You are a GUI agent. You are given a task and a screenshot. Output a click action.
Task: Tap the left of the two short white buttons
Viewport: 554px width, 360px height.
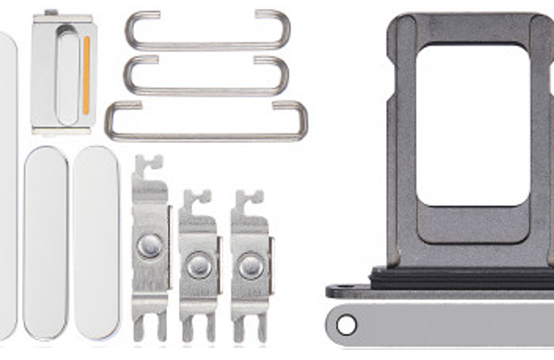point(45,242)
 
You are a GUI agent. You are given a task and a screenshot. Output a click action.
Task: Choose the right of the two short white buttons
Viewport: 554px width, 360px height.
point(97,242)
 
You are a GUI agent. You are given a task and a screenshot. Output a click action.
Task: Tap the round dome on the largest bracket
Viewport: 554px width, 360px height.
point(149,246)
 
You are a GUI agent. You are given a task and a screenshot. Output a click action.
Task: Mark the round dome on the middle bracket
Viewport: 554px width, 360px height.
point(199,266)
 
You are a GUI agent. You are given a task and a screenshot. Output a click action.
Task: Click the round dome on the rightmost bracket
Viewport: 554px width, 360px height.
point(250,266)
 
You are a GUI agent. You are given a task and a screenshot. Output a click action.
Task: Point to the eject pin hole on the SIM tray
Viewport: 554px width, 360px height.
point(346,325)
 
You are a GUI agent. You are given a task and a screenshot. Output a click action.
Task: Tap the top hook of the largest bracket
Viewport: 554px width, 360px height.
point(149,166)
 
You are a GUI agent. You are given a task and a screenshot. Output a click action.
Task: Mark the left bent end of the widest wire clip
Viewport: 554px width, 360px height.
point(113,120)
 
